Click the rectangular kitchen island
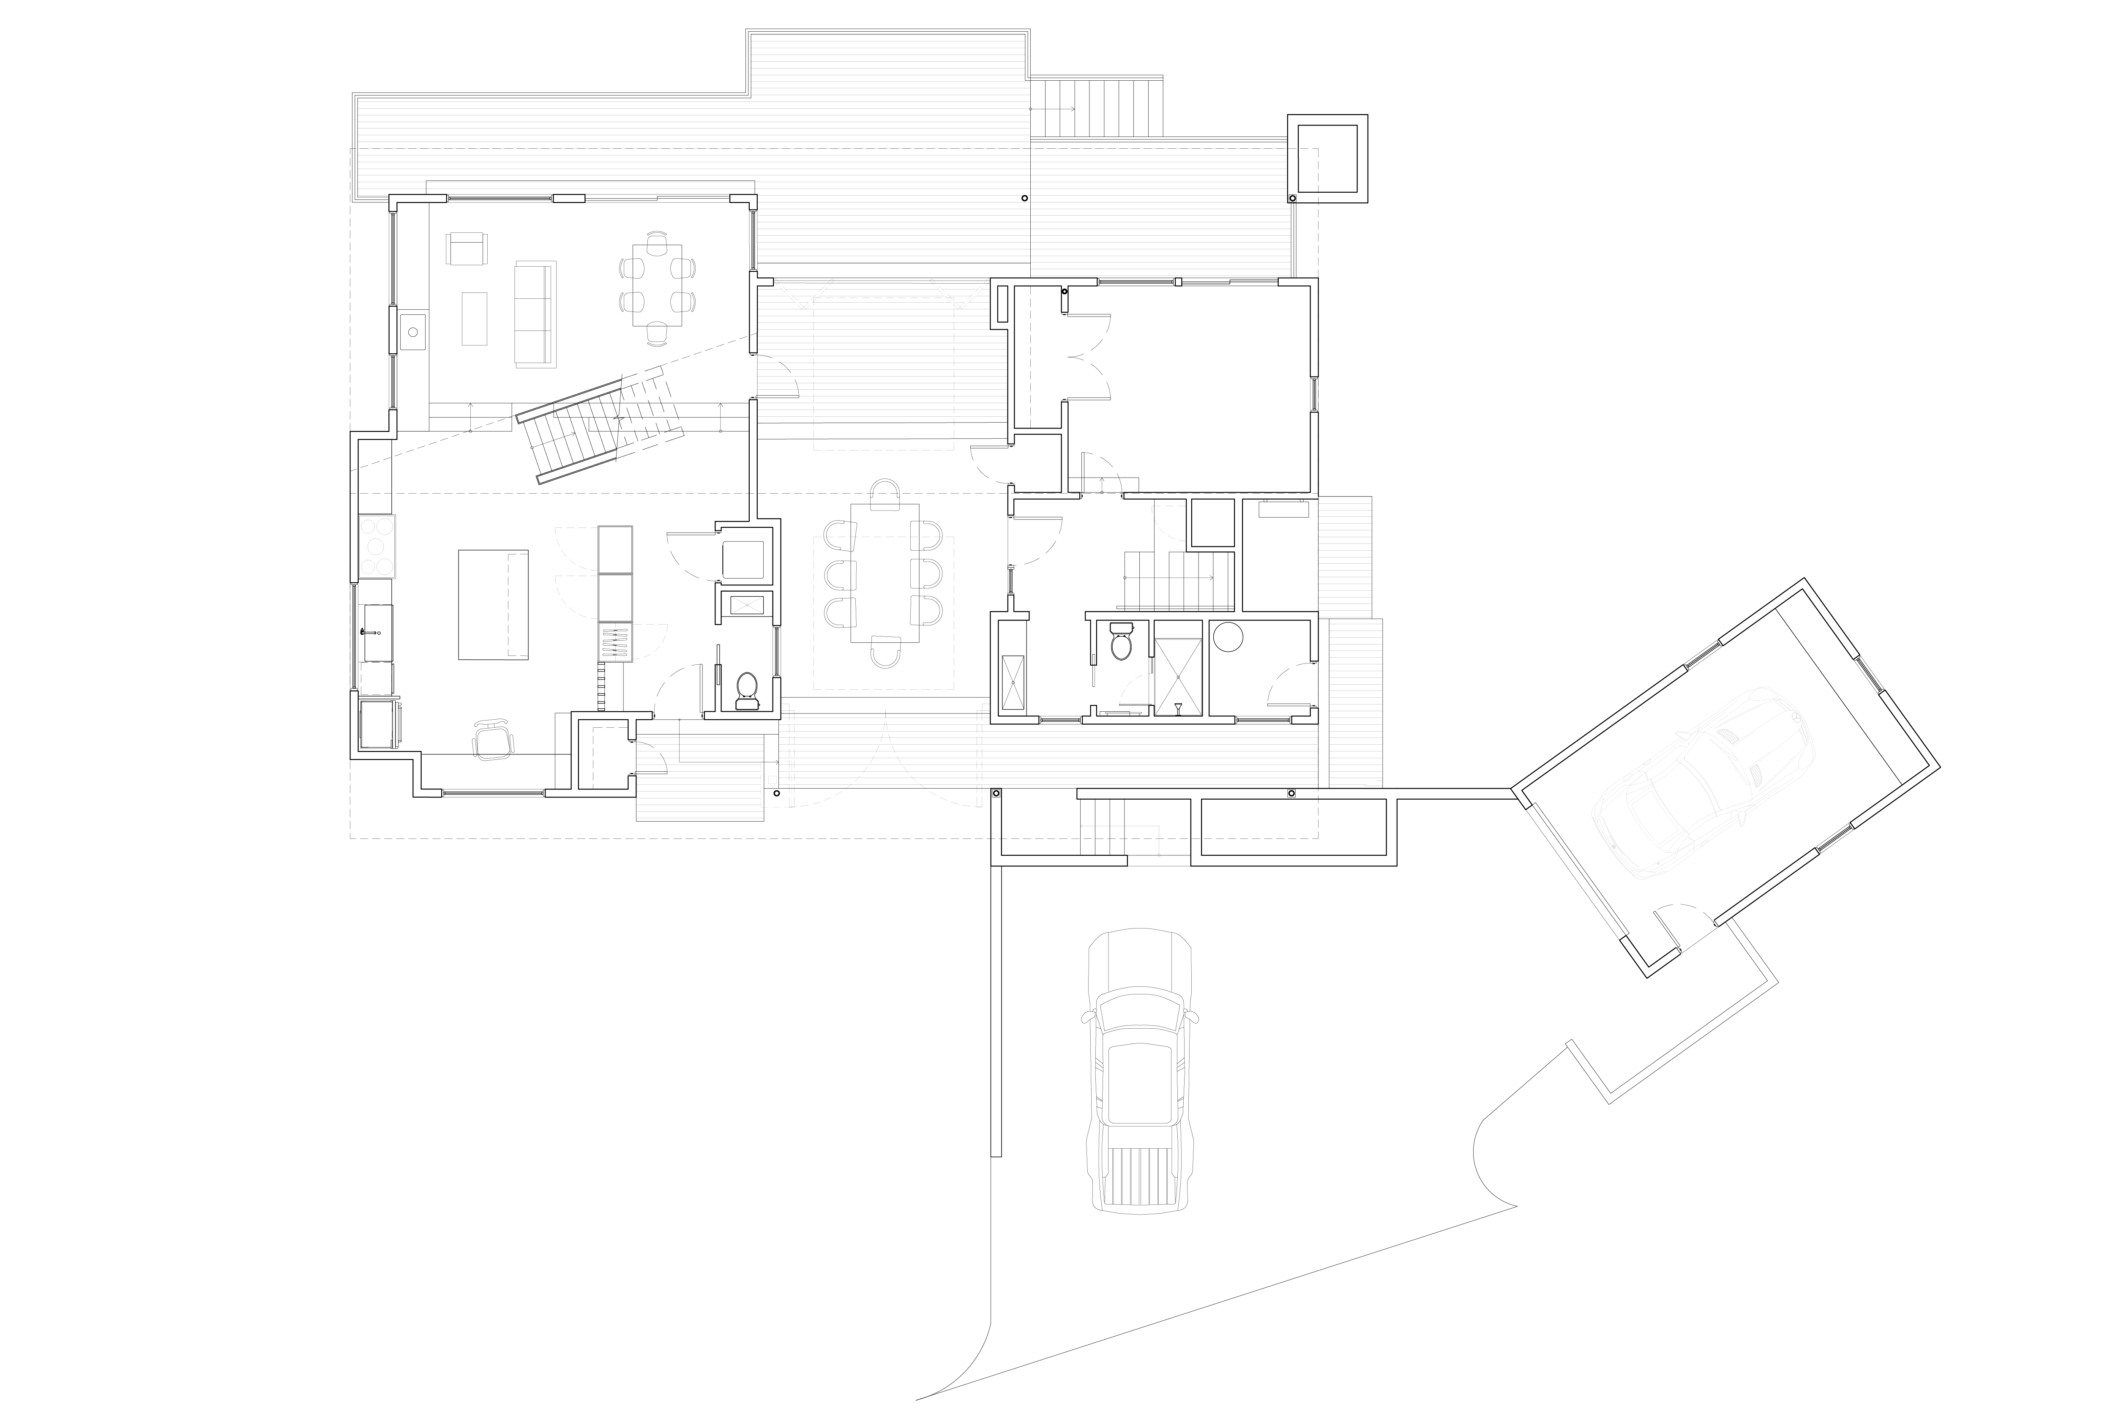point(493,605)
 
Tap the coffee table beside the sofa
point(474,318)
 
